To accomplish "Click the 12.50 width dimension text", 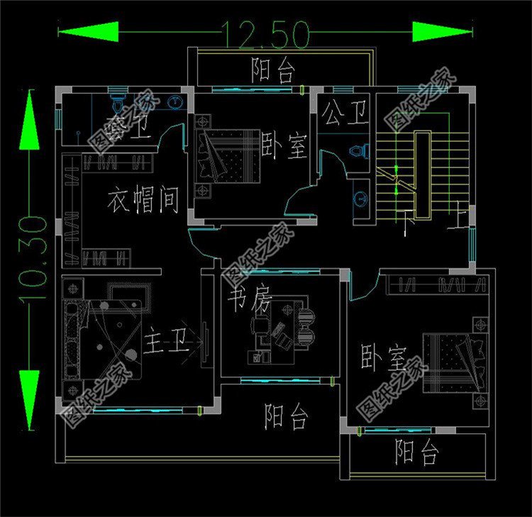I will point(266,32).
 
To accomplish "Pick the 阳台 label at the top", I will point(272,70).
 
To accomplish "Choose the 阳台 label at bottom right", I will point(417,451).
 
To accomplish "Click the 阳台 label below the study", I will point(287,416).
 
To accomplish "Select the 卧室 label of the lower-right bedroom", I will point(383,360).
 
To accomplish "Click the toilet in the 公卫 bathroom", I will point(360,151).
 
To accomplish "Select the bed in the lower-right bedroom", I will point(455,363).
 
